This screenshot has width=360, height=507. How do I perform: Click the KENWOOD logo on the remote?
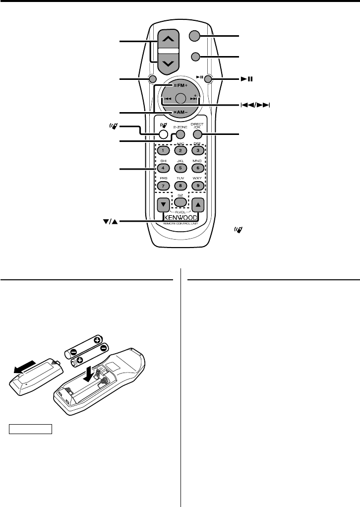coord(180,217)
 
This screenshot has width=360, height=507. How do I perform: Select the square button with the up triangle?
coord(198,204)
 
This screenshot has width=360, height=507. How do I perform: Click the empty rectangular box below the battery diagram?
coord(30,429)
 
